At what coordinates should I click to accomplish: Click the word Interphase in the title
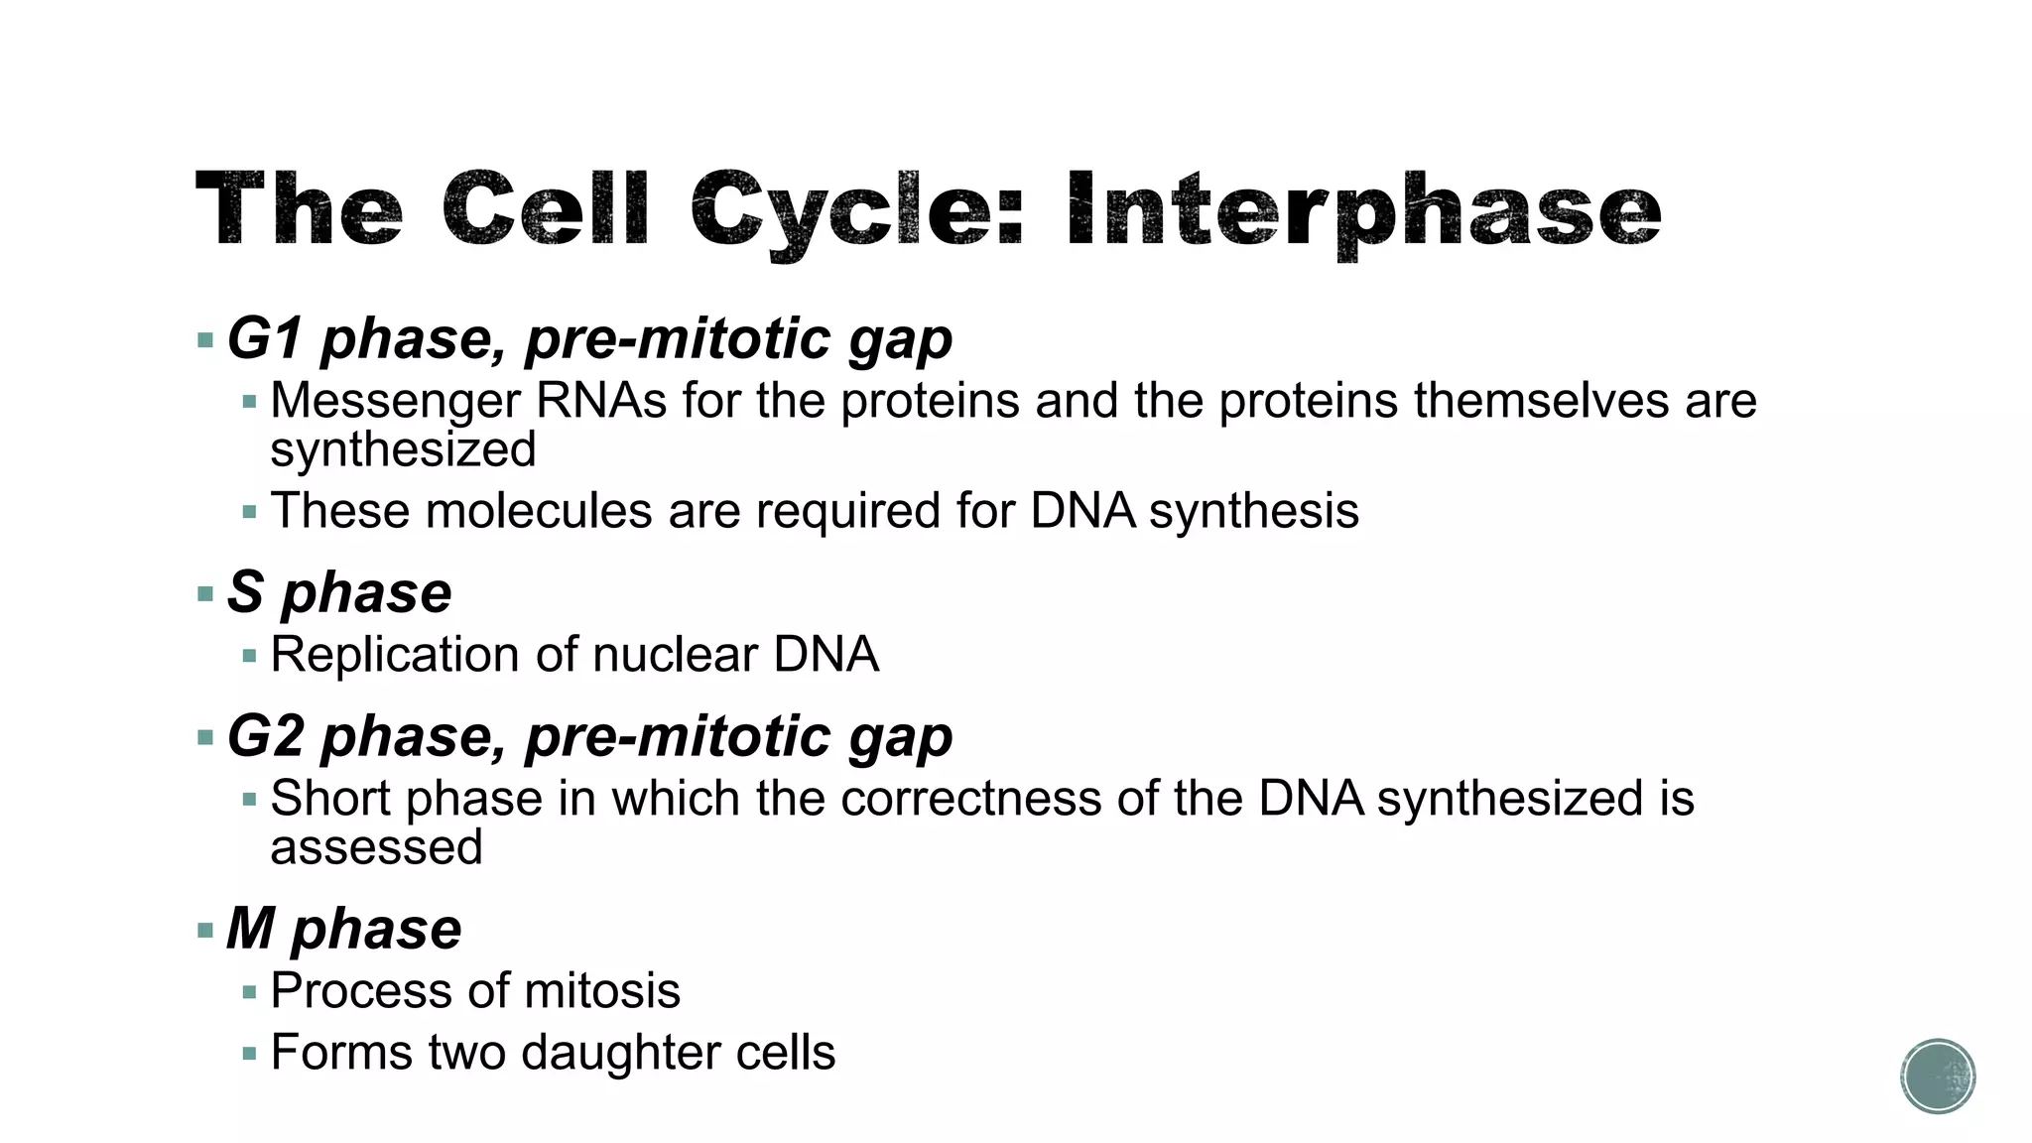pos(1363,210)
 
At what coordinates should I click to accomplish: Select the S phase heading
pos(339,592)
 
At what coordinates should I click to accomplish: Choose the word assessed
pos(376,847)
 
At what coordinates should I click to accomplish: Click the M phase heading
pos(343,929)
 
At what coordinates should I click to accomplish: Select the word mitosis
pos(601,991)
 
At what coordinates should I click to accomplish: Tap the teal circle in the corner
pos(1938,1077)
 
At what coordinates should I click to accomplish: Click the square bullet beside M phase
pos(205,931)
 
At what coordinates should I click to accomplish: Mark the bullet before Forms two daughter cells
pos(249,1054)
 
